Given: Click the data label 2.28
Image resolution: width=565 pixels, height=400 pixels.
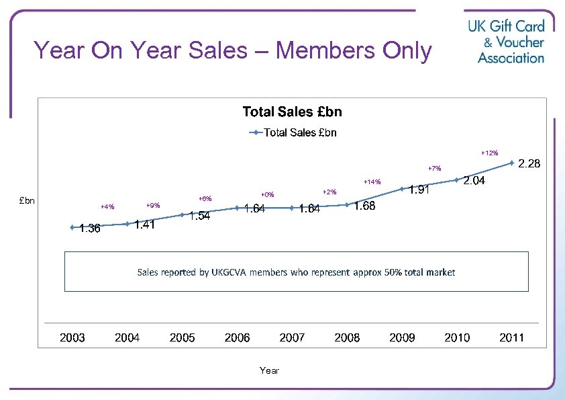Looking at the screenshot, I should (528, 164).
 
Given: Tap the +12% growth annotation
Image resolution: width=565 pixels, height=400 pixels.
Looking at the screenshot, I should (489, 153).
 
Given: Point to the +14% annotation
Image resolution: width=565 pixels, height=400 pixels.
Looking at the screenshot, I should (372, 182).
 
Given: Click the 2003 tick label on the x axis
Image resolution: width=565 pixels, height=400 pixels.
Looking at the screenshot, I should (72, 337).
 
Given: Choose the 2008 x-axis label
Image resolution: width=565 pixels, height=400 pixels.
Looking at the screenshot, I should (347, 337).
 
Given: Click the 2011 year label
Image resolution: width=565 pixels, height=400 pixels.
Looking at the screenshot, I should (511, 337).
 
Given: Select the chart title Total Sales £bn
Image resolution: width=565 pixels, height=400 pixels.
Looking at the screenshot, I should (292, 112).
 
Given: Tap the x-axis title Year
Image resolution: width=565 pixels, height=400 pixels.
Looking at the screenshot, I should (269, 370).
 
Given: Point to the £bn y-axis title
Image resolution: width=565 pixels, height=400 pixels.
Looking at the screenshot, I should (28, 200).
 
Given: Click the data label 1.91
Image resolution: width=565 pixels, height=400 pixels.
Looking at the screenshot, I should (419, 190).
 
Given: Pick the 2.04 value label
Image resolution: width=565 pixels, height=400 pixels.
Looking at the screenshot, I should (474, 181).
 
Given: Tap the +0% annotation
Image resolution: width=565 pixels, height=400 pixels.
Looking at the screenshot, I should (267, 195).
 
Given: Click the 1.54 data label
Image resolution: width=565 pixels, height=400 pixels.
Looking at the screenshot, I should (200, 216).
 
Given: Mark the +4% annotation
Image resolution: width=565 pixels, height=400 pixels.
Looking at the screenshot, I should (107, 206).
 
